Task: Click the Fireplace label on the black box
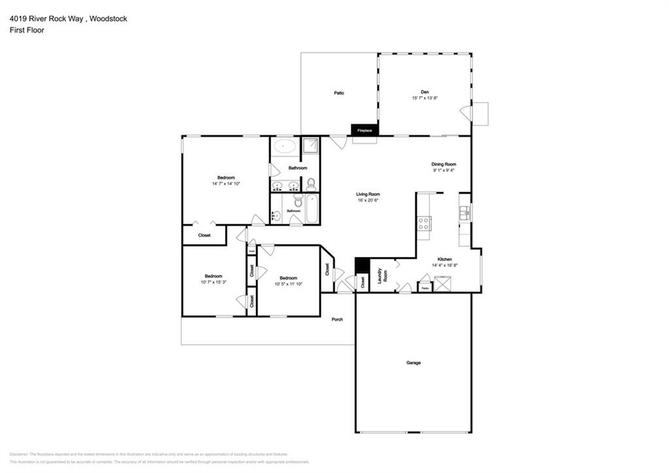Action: tap(364, 131)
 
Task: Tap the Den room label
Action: tap(425, 92)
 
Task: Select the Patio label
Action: tap(339, 93)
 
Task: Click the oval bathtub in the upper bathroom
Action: tap(284, 146)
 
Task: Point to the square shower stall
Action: tap(311, 147)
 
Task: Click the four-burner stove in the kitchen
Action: tap(424, 224)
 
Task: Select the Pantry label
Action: tap(425, 288)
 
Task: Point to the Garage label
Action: tap(414, 362)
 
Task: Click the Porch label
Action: tap(337, 319)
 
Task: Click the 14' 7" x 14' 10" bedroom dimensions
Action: tap(226, 184)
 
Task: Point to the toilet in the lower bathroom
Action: tap(298, 202)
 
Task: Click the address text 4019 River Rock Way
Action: tap(46, 19)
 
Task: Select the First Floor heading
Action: tap(27, 30)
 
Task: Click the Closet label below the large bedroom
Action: tap(204, 235)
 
